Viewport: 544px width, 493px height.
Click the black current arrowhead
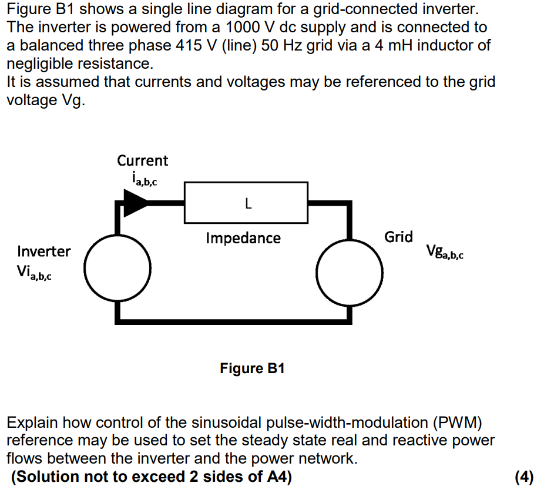[x=134, y=203]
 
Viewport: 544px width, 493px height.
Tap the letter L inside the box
[x=248, y=204]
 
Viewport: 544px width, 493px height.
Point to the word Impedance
[x=243, y=238]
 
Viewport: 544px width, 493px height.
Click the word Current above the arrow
[x=142, y=160]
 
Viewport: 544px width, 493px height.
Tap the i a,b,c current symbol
[x=141, y=178]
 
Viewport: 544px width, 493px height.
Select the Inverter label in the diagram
[x=43, y=251]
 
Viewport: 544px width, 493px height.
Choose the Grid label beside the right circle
[x=398, y=237]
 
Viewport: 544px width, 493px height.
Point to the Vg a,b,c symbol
[x=445, y=253]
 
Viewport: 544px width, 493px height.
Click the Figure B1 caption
[x=252, y=368]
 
